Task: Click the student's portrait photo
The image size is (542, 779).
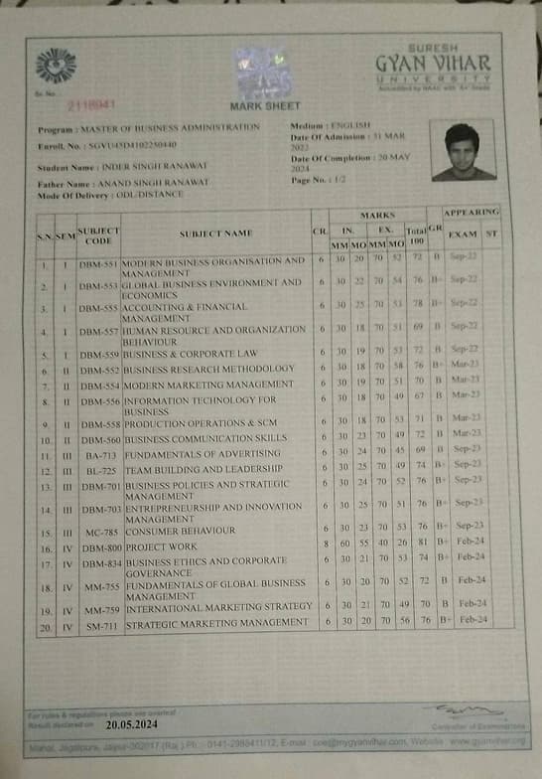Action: coord(464,152)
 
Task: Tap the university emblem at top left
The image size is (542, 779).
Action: coord(56,66)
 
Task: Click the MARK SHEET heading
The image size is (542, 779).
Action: coord(265,105)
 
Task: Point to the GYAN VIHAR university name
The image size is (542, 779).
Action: coord(433,62)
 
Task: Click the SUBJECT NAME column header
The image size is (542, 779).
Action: coord(216,233)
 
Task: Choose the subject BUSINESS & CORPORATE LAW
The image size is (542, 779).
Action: coord(191,354)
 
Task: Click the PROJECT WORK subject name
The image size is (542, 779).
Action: coord(160,546)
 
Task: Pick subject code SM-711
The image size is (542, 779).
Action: coord(99,623)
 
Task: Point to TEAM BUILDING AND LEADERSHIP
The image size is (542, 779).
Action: coord(203,468)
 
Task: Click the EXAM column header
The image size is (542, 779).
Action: coord(463,234)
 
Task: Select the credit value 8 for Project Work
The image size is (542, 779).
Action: coord(327,546)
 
